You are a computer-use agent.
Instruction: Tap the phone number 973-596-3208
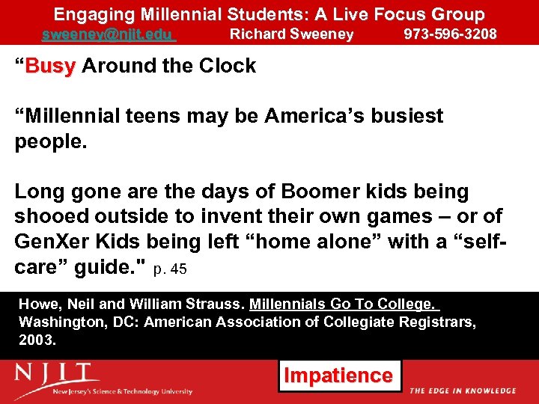(450, 34)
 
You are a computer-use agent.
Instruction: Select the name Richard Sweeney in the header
(291, 34)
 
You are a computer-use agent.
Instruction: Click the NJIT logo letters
(57, 373)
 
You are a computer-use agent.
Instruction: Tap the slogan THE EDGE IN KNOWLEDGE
(463, 391)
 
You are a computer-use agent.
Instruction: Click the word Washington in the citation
(55, 322)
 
